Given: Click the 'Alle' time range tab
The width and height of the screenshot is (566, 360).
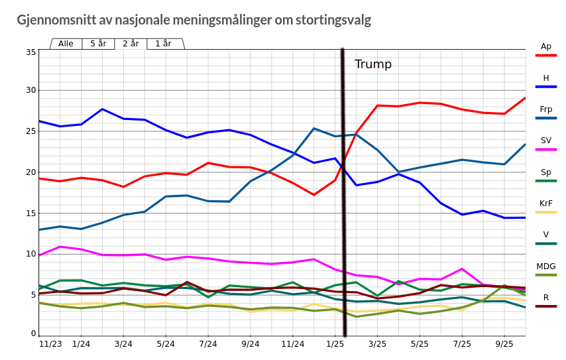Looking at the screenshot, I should (66, 44).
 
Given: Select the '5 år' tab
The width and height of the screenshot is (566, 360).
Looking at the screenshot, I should (98, 44).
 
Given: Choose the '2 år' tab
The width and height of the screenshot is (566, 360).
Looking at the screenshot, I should (131, 44).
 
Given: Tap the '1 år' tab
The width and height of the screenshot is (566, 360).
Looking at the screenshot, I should (163, 44).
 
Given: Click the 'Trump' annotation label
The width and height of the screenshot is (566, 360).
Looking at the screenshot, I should (373, 64).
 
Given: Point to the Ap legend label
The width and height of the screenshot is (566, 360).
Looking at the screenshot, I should (546, 46).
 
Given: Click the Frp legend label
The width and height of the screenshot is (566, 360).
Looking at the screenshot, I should (546, 109).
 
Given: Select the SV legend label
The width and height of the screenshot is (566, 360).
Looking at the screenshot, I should (546, 141).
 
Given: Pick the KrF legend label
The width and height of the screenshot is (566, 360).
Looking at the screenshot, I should (546, 204).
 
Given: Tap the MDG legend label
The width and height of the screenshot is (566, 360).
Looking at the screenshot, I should (546, 267).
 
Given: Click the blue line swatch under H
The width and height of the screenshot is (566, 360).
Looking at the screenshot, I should (546, 87).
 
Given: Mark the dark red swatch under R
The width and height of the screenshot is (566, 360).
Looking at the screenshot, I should (546, 306).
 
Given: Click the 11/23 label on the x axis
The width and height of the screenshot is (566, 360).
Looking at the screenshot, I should (50, 344).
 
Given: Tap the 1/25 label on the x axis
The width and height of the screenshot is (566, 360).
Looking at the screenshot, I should (335, 344).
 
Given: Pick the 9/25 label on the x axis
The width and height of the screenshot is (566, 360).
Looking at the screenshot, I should (504, 344).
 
